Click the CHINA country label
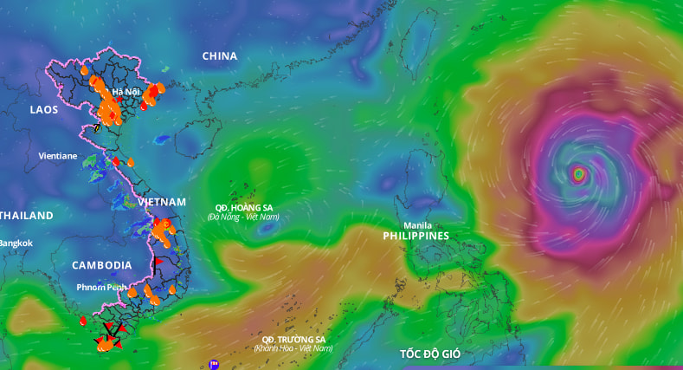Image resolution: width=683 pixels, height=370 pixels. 219,56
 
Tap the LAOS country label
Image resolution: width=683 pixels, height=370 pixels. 43,109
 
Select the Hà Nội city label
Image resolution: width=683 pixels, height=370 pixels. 125,92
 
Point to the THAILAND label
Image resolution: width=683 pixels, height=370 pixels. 26,215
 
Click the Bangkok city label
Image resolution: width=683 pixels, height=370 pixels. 16,243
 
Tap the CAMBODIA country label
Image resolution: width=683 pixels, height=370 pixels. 101,265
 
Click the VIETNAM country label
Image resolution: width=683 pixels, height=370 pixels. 161,202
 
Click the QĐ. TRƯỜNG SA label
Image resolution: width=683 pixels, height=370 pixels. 293,339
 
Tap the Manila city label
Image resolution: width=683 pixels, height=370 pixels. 417,225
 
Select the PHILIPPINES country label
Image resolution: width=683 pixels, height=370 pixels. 416,236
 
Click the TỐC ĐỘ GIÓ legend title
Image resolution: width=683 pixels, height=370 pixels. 430,354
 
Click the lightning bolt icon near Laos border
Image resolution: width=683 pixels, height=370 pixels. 97,127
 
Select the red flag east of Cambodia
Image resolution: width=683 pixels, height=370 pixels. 158,261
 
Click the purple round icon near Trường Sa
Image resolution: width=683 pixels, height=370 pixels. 213,365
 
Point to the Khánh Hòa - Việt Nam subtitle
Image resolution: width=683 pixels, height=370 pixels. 293,348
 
